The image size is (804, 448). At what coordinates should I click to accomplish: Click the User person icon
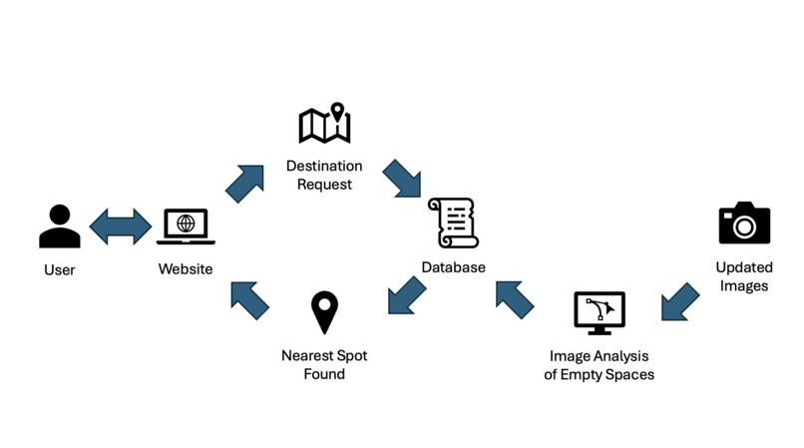tap(60, 225)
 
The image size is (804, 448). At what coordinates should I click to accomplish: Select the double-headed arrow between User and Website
tap(121, 226)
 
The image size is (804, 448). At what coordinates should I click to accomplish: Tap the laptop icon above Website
tap(186, 226)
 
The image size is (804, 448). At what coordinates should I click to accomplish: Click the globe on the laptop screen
tap(186, 224)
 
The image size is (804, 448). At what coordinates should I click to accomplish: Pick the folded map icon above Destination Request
tap(324, 123)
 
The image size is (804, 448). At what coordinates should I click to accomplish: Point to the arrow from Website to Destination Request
tap(244, 184)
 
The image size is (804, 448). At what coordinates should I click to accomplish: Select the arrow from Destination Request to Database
tap(401, 178)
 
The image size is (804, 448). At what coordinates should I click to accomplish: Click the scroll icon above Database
tap(453, 223)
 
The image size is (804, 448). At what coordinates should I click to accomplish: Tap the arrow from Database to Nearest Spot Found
tap(407, 295)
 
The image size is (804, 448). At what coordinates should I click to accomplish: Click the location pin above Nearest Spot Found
tap(324, 312)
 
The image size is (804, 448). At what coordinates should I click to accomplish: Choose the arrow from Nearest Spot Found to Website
tap(250, 300)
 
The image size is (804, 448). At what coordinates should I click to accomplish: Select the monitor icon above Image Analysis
tap(600, 313)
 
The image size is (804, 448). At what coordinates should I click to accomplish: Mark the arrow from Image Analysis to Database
tap(515, 300)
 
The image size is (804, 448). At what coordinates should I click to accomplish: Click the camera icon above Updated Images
tap(744, 223)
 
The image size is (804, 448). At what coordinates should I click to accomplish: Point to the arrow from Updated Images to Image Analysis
tap(680, 301)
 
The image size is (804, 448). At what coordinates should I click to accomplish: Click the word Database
tap(453, 267)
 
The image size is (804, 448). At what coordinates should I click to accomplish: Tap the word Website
tap(186, 269)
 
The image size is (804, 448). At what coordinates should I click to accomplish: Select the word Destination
tap(324, 166)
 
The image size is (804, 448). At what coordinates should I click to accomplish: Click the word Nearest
tap(304, 355)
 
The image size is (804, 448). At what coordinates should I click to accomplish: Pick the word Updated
tap(744, 267)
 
